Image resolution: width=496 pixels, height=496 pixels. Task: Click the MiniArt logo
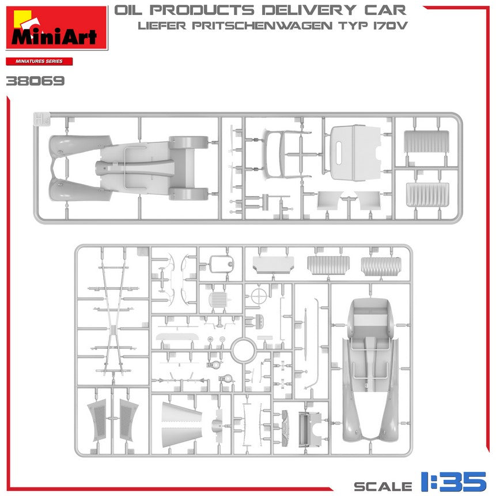pyautogui.click(x=57, y=28)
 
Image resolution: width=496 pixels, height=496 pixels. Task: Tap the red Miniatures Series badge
pyautogui.click(x=39, y=61)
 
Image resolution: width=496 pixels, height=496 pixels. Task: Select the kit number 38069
pyautogui.click(x=35, y=81)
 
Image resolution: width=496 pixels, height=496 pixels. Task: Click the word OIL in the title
pyautogui.click(x=128, y=10)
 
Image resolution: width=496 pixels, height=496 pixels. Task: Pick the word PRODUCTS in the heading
pyautogui.click(x=202, y=10)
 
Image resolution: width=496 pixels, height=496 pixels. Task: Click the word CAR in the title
pyautogui.click(x=385, y=10)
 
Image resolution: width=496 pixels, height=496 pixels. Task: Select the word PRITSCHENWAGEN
pyautogui.click(x=262, y=25)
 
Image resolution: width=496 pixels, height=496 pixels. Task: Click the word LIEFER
pyautogui.click(x=162, y=25)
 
